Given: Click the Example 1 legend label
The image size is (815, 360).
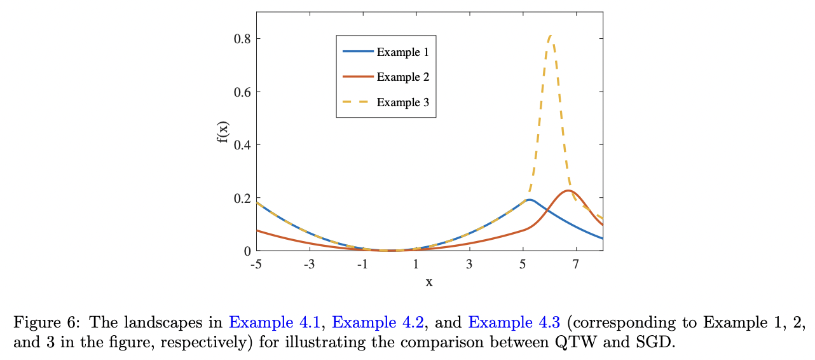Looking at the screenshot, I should point(402,52).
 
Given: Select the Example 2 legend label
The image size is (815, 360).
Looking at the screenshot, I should point(402,77).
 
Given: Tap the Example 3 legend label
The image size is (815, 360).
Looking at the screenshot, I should point(402,102).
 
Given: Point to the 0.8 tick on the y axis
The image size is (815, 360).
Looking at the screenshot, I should point(242,39).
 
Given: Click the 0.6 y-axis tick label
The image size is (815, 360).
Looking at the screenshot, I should point(242,92).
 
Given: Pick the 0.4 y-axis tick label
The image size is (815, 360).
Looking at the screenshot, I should point(242,145).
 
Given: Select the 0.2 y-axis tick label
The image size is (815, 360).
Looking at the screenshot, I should point(242,198).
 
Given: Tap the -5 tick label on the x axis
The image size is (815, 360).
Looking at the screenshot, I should point(256,264).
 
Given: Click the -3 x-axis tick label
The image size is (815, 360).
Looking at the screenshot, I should point(309,264).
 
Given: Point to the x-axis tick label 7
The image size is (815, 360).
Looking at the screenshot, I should point(576,264).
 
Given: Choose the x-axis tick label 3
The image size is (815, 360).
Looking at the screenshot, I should point(469,264).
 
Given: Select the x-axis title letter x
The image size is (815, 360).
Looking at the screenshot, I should point(429,282).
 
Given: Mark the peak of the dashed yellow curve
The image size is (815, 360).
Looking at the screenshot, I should point(551,36).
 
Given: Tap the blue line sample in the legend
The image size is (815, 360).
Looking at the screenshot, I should point(357,52).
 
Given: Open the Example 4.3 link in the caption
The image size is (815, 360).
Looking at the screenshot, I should point(514,322).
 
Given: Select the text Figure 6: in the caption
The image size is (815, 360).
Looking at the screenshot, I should point(38,322).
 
